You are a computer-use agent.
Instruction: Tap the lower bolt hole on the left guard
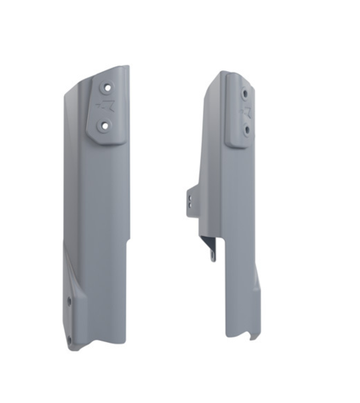point(104,125)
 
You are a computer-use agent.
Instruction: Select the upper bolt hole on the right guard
point(244,94)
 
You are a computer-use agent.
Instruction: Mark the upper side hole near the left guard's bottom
point(69,301)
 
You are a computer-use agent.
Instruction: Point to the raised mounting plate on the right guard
point(241,112)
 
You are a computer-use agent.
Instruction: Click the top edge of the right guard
point(231,73)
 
